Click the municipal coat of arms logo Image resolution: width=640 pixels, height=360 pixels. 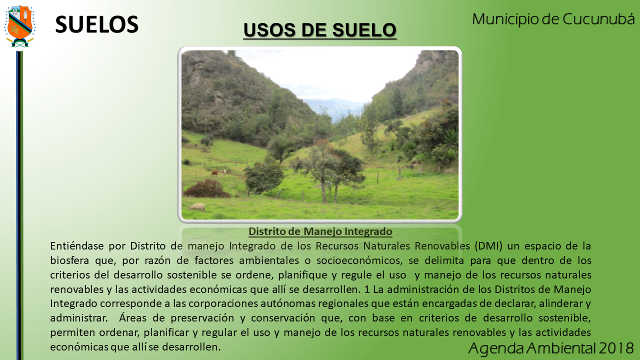pyautogui.click(x=19, y=26)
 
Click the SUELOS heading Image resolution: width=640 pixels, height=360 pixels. pyautogui.click(x=97, y=24)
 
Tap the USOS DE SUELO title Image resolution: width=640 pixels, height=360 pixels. pyautogui.click(x=319, y=30)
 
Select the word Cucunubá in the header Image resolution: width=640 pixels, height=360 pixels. pyautogui.click(x=598, y=19)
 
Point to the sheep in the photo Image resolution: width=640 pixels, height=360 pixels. pyautogui.click(x=197, y=207)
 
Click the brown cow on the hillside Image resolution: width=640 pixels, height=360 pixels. pyautogui.click(x=215, y=173)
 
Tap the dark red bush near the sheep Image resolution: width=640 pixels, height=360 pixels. pyautogui.click(x=206, y=189)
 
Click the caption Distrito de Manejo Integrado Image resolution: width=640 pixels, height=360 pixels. pyautogui.click(x=320, y=231)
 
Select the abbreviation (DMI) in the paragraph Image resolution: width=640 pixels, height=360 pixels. pyautogui.click(x=488, y=246)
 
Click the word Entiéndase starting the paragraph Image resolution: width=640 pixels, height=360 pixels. pyautogui.click(x=77, y=245)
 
